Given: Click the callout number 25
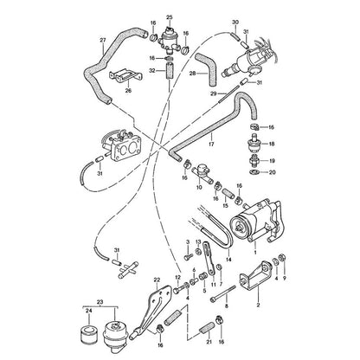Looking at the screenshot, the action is coord(169,18).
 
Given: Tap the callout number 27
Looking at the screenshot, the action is coord(103,41).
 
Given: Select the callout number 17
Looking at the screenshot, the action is coord(211,144).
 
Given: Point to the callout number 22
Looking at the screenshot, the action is coord(157,280).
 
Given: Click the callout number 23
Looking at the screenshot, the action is coord(100,302).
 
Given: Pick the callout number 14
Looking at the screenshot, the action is coord(228,260).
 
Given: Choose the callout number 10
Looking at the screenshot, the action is coord(199,188).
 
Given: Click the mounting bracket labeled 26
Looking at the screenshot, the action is coord(125,76).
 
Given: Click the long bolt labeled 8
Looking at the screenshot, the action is coord(224,292).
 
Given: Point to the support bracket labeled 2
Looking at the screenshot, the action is coord(255,275).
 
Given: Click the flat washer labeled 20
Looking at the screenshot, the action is coord(254,172).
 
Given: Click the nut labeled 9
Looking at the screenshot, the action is coord(283,257).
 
